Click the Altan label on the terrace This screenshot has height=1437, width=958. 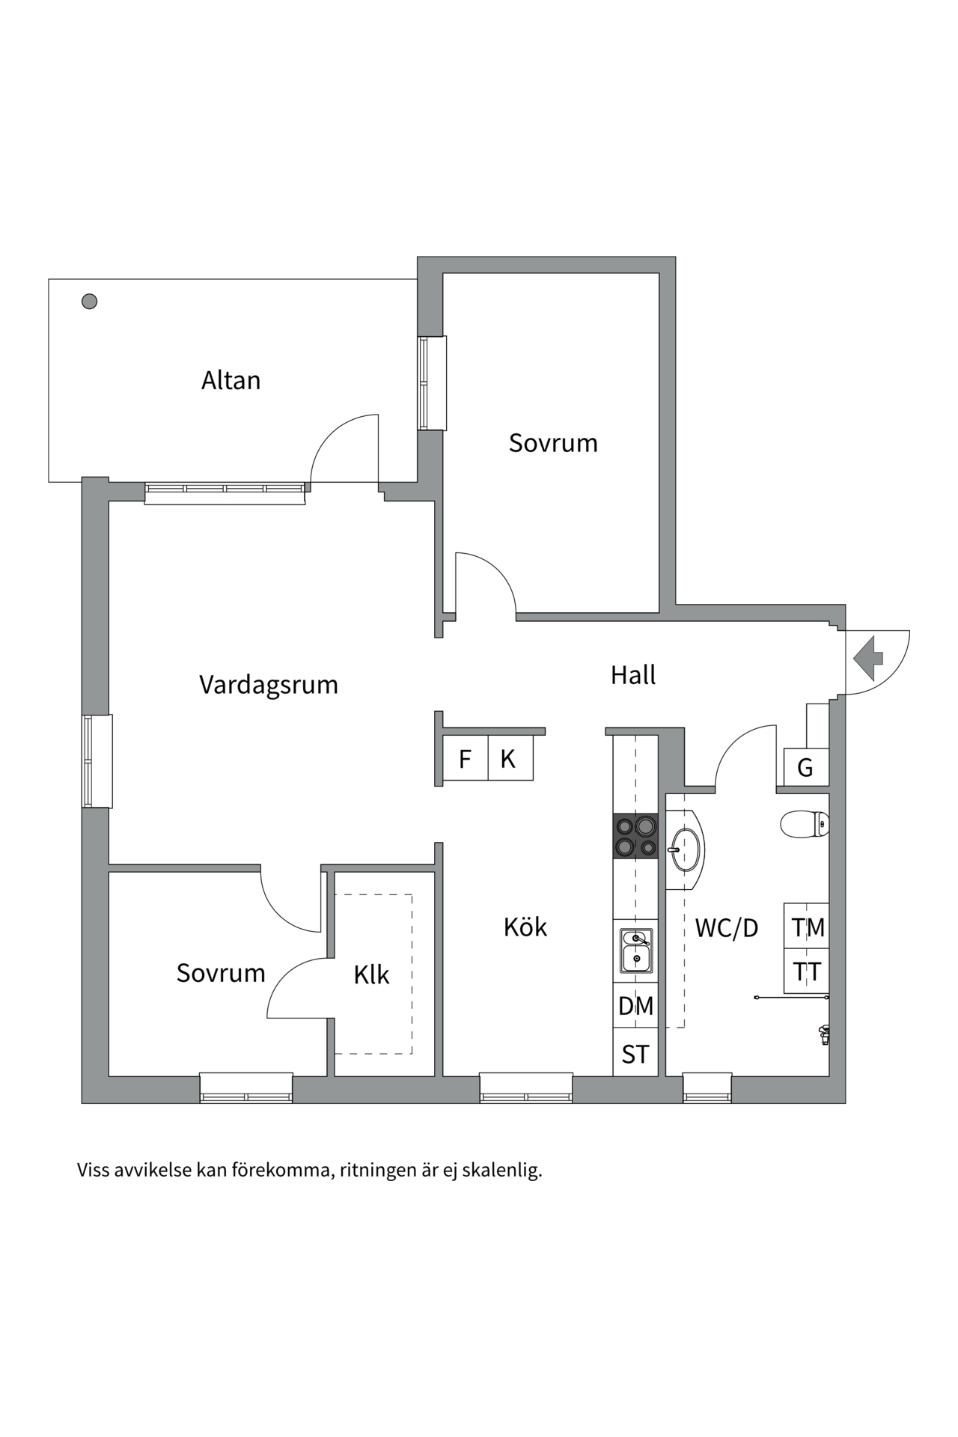pyautogui.click(x=231, y=380)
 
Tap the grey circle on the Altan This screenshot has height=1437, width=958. pyautogui.click(x=89, y=302)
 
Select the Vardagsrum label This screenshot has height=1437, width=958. pyautogui.click(x=269, y=685)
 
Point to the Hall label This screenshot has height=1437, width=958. pyautogui.click(x=633, y=675)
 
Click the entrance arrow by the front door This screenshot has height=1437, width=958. pyautogui.click(x=868, y=658)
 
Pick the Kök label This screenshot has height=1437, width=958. pyautogui.click(x=525, y=927)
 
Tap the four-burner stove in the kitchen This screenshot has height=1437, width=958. pyautogui.click(x=636, y=836)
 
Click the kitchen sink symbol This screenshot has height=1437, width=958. pyautogui.click(x=636, y=950)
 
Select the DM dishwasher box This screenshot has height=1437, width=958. pyautogui.click(x=635, y=1006)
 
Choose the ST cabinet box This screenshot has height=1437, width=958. pyautogui.click(x=635, y=1054)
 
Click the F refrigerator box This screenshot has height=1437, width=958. pyautogui.click(x=465, y=759)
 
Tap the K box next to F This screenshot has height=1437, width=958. pyautogui.click(x=508, y=759)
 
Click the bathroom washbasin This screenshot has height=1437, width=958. pyautogui.click(x=687, y=849)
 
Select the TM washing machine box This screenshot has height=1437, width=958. pyautogui.click(x=808, y=927)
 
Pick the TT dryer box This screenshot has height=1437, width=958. pyautogui.click(x=808, y=971)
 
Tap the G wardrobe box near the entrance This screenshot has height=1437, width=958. pyautogui.click(x=805, y=768)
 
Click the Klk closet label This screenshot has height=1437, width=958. pyautogui.click(x=372, y=974)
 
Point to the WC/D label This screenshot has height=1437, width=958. pyautogui.click(x=726, y=928)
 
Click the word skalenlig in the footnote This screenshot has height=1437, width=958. pyautogui.click(x=501, y=1170)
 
